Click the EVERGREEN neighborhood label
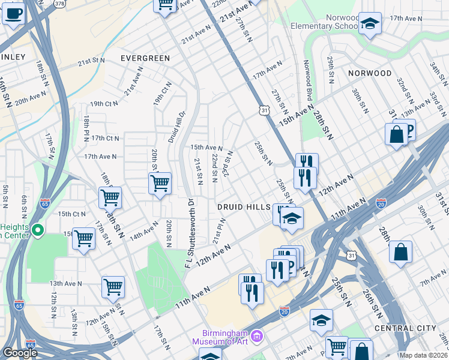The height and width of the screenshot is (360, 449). coord(145,58)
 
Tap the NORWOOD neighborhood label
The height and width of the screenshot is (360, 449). coord(370,73)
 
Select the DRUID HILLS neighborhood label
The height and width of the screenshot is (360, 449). coord(243,206)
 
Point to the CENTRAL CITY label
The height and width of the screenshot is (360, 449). coord(402,328)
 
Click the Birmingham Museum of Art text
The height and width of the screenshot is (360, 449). coord(224,338)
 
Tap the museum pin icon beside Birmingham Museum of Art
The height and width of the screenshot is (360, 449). coord(258,334)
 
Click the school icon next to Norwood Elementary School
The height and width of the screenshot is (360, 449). coord(370,24)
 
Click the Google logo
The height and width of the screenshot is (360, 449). coord(20,353)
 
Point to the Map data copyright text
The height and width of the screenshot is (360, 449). coord(423,355)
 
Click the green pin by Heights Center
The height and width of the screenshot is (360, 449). coord(37,230)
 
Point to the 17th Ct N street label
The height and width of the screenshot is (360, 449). coord(106,138)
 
